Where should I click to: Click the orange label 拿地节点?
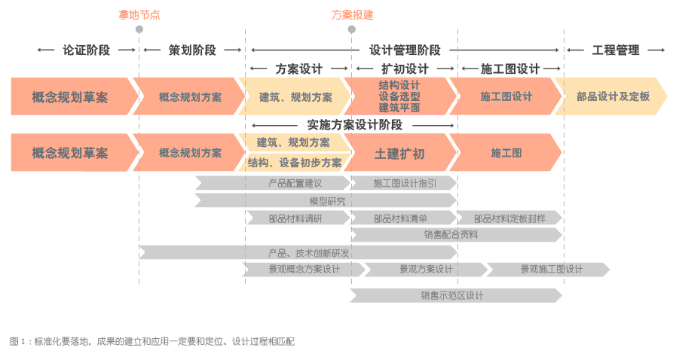[x=139, y=14]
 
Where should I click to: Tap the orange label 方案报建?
[x=352, y=14]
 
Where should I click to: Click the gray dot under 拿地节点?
[x=139, y=29]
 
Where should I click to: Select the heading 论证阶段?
[x=86, y=50]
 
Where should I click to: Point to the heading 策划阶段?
[x=192, y=50]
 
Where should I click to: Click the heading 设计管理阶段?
[x=405, y=50]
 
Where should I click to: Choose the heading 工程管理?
[x=616, y=50]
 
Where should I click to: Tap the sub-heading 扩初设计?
[x=405, y=69]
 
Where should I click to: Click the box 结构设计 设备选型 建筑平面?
[x=399, y=96]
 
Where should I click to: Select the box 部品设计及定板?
[x=612, y=96]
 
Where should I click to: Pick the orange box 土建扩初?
[x=399, y=154]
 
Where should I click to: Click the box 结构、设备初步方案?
[x=294, y=163]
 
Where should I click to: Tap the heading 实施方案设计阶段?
[x=354, y=125]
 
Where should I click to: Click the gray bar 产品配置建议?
[x=295, y=183]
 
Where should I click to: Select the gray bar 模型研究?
[x=326, y=201]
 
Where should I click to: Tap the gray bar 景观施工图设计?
[x=551, y=270]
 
